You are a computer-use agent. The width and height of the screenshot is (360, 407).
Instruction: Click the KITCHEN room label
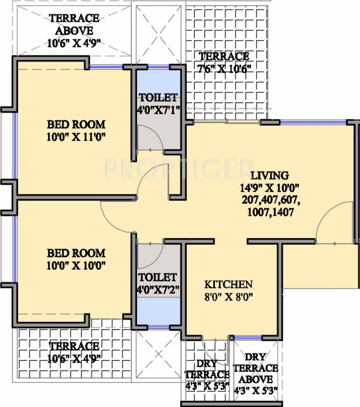pyautogui.click(x=229, y=284)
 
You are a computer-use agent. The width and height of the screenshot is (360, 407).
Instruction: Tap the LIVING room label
pyautogui.click(x=269, y=175)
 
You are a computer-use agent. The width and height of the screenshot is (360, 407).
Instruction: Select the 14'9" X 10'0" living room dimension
pyautogui.click(x=269, y=187)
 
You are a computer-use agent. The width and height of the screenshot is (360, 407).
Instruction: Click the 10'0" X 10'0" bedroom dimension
pyautogui.click(x=76, y=265)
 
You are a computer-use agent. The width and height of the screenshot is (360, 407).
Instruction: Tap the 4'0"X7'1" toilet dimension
pyautogui.click(x=157, y=110)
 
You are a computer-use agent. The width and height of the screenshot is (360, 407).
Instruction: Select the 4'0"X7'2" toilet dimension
pyautogui.click(x=157, y=289)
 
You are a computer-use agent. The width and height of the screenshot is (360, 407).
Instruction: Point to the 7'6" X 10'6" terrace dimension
pyautogui.click(x=224, y=68)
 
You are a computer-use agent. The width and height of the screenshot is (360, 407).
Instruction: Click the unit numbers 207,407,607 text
pyautogui.click(x=269, y=200)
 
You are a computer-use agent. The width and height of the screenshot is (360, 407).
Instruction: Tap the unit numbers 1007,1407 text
pyautogui.click(x=269, y=213)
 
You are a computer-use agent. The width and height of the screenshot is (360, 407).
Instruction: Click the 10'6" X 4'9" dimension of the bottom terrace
pyautogui.click(x=74, y=359)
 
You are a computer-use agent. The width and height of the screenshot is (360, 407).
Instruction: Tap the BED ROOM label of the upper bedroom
pyautogui.click(x=76, y=125)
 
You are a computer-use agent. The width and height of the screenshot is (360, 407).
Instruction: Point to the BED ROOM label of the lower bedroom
pyautogui.click(x=76, y=253)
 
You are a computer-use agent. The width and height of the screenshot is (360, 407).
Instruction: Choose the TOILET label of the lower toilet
pyautogui.click(x=157, y=277)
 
